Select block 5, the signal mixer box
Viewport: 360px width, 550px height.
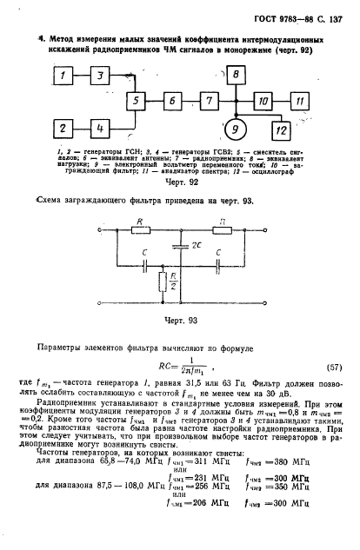pyautogui.click(x=136, y=103)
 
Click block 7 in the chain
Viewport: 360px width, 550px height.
pyautogui.click(x=209, y=103)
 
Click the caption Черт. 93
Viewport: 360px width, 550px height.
pyautogui.click(x=177, y=319)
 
